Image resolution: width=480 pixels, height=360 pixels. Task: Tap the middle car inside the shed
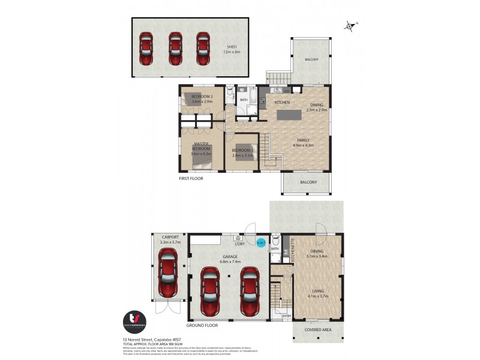[175, 48]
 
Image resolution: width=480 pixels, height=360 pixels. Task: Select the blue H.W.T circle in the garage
[260, 243]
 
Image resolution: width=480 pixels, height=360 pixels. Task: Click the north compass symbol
[350, 26]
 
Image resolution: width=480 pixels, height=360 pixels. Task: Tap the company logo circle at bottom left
[134, 321]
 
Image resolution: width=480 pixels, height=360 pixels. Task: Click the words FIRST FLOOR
[192, 179]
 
